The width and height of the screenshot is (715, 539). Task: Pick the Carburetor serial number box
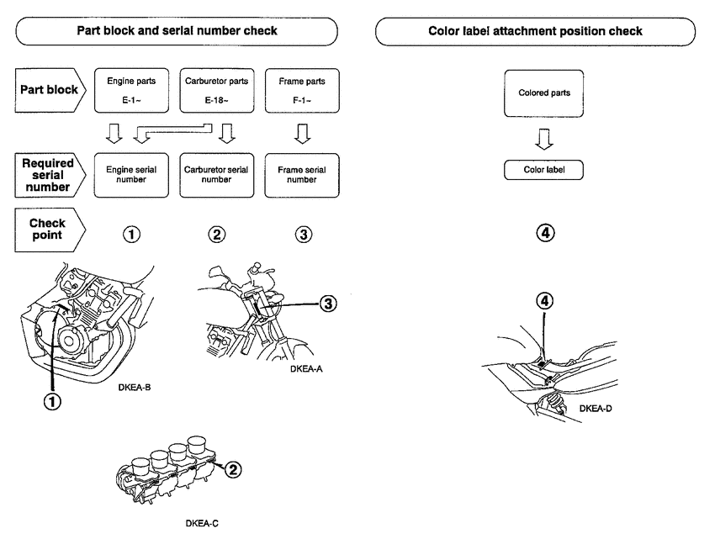[x=215, y=174]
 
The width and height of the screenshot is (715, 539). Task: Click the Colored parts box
[x=544, y=93]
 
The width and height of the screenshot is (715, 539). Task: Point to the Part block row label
[x=49, y=91]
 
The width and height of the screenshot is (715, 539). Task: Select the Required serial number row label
[x=49, y=174]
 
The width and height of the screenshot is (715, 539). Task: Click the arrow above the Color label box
[x=544, y=137]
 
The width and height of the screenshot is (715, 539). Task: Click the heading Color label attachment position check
[x=535, y=31]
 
